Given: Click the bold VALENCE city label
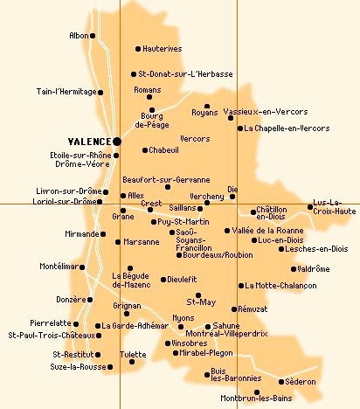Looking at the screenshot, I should click(x=89, y=141).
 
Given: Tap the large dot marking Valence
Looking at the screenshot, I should click(x=117, y=140).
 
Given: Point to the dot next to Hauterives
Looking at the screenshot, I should click(x=138, y=49).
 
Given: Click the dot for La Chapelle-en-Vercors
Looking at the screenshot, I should click(x=240, y=128).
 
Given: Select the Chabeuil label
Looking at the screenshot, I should click(x=163, y=150).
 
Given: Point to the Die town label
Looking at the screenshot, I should click(x=232, y=188).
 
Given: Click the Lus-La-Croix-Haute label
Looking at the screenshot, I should click(x=333, y=206).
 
